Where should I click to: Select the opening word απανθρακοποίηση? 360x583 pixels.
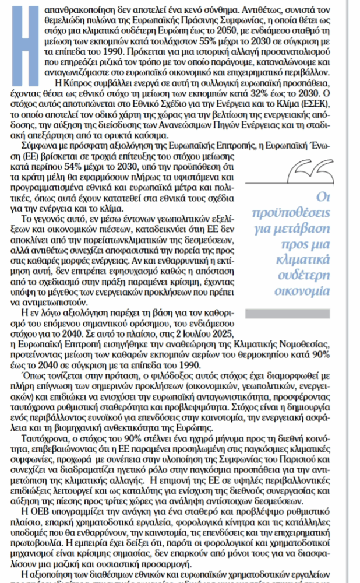(x=83, y=8)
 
